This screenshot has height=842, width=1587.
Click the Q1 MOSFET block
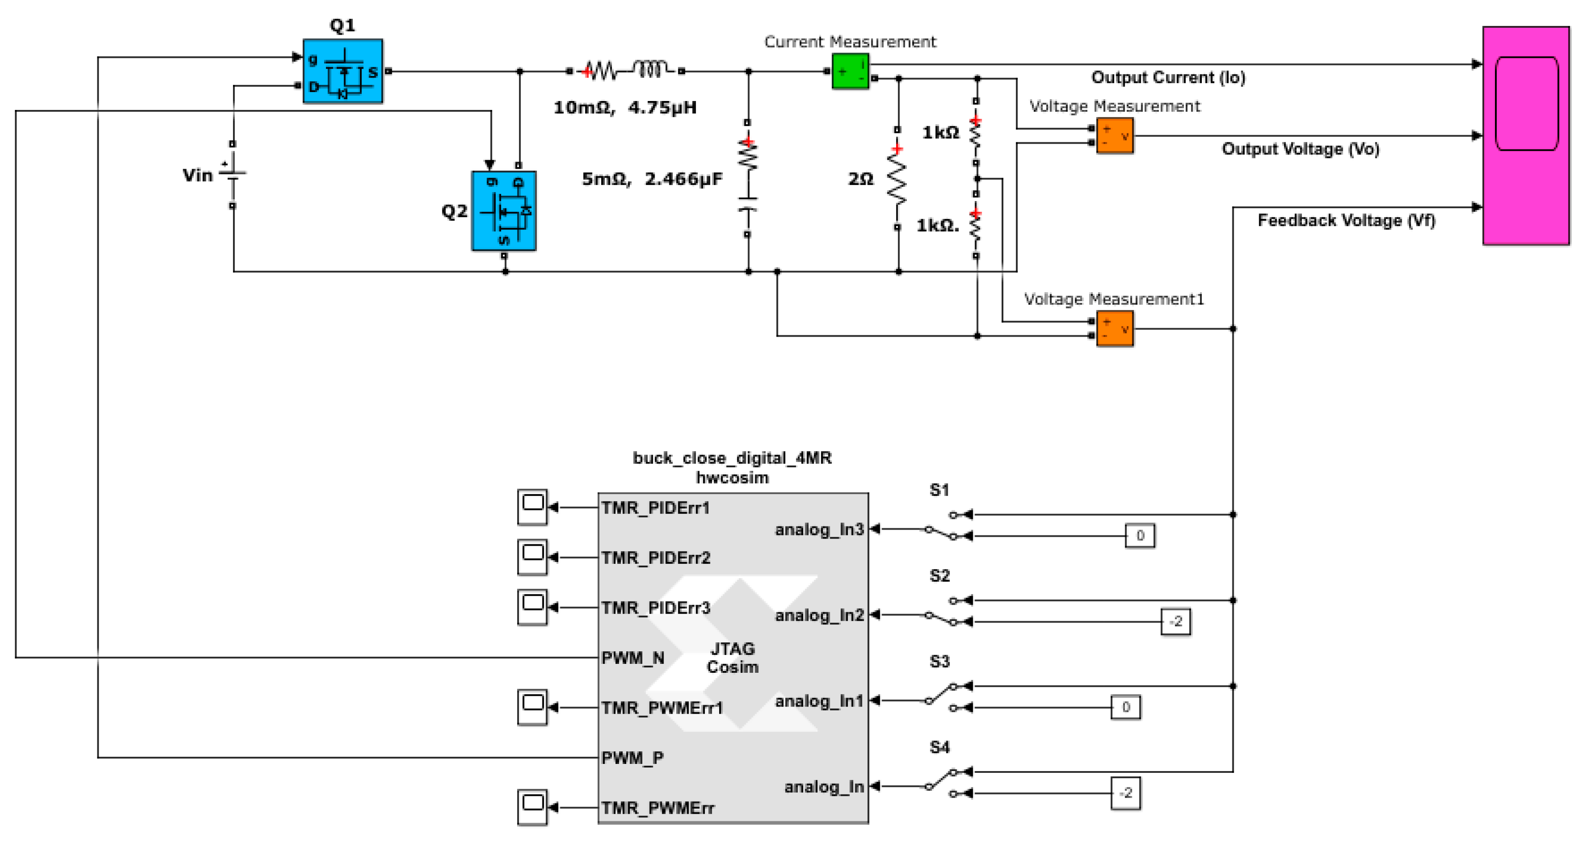(x=343, y=71)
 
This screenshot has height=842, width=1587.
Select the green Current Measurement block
(x=850, y=71)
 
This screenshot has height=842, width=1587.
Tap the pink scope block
(x=1525, y=136)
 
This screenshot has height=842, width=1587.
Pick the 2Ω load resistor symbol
(x=897, y=179)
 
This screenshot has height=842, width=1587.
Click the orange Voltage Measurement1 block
(x=1114, y=328)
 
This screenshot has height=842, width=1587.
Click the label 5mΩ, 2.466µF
(x=652, y=179)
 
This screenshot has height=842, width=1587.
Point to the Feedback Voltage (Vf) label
(x=1346, y=220)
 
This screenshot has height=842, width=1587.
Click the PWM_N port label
(x=633, y=658)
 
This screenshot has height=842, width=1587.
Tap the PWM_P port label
(x=632, y=758)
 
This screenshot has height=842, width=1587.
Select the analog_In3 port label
(x=819, y=530)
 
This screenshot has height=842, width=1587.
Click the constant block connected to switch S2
(x=1175, y=622)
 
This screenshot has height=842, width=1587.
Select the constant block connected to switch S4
(x=1125, y=793)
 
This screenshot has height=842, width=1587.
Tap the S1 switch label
(x=939, y=490)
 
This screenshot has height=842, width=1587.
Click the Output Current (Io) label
(x=1168, y=78)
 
